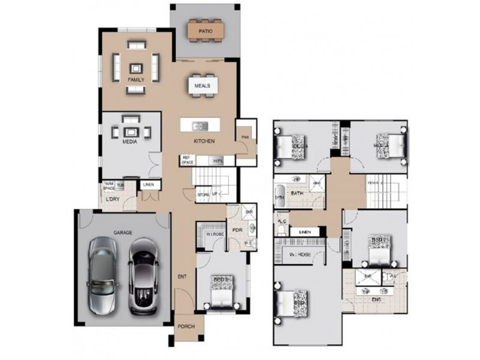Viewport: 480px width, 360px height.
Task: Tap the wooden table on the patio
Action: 206,30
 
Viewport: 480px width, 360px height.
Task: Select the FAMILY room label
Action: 136,80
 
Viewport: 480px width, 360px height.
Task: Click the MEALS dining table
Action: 202,86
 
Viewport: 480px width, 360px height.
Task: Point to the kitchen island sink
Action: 200,125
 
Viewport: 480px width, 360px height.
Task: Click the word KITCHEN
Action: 204,141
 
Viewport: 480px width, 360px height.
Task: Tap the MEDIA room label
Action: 130,142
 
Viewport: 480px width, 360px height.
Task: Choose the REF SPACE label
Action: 188,160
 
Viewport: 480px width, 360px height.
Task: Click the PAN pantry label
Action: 245,136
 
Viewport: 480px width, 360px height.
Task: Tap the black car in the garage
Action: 144,275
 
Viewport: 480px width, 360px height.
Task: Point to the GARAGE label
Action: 123,232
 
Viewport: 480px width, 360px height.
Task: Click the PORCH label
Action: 186,327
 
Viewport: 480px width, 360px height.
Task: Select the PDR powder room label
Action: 236,229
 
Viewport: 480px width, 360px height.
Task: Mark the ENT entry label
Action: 181,277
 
